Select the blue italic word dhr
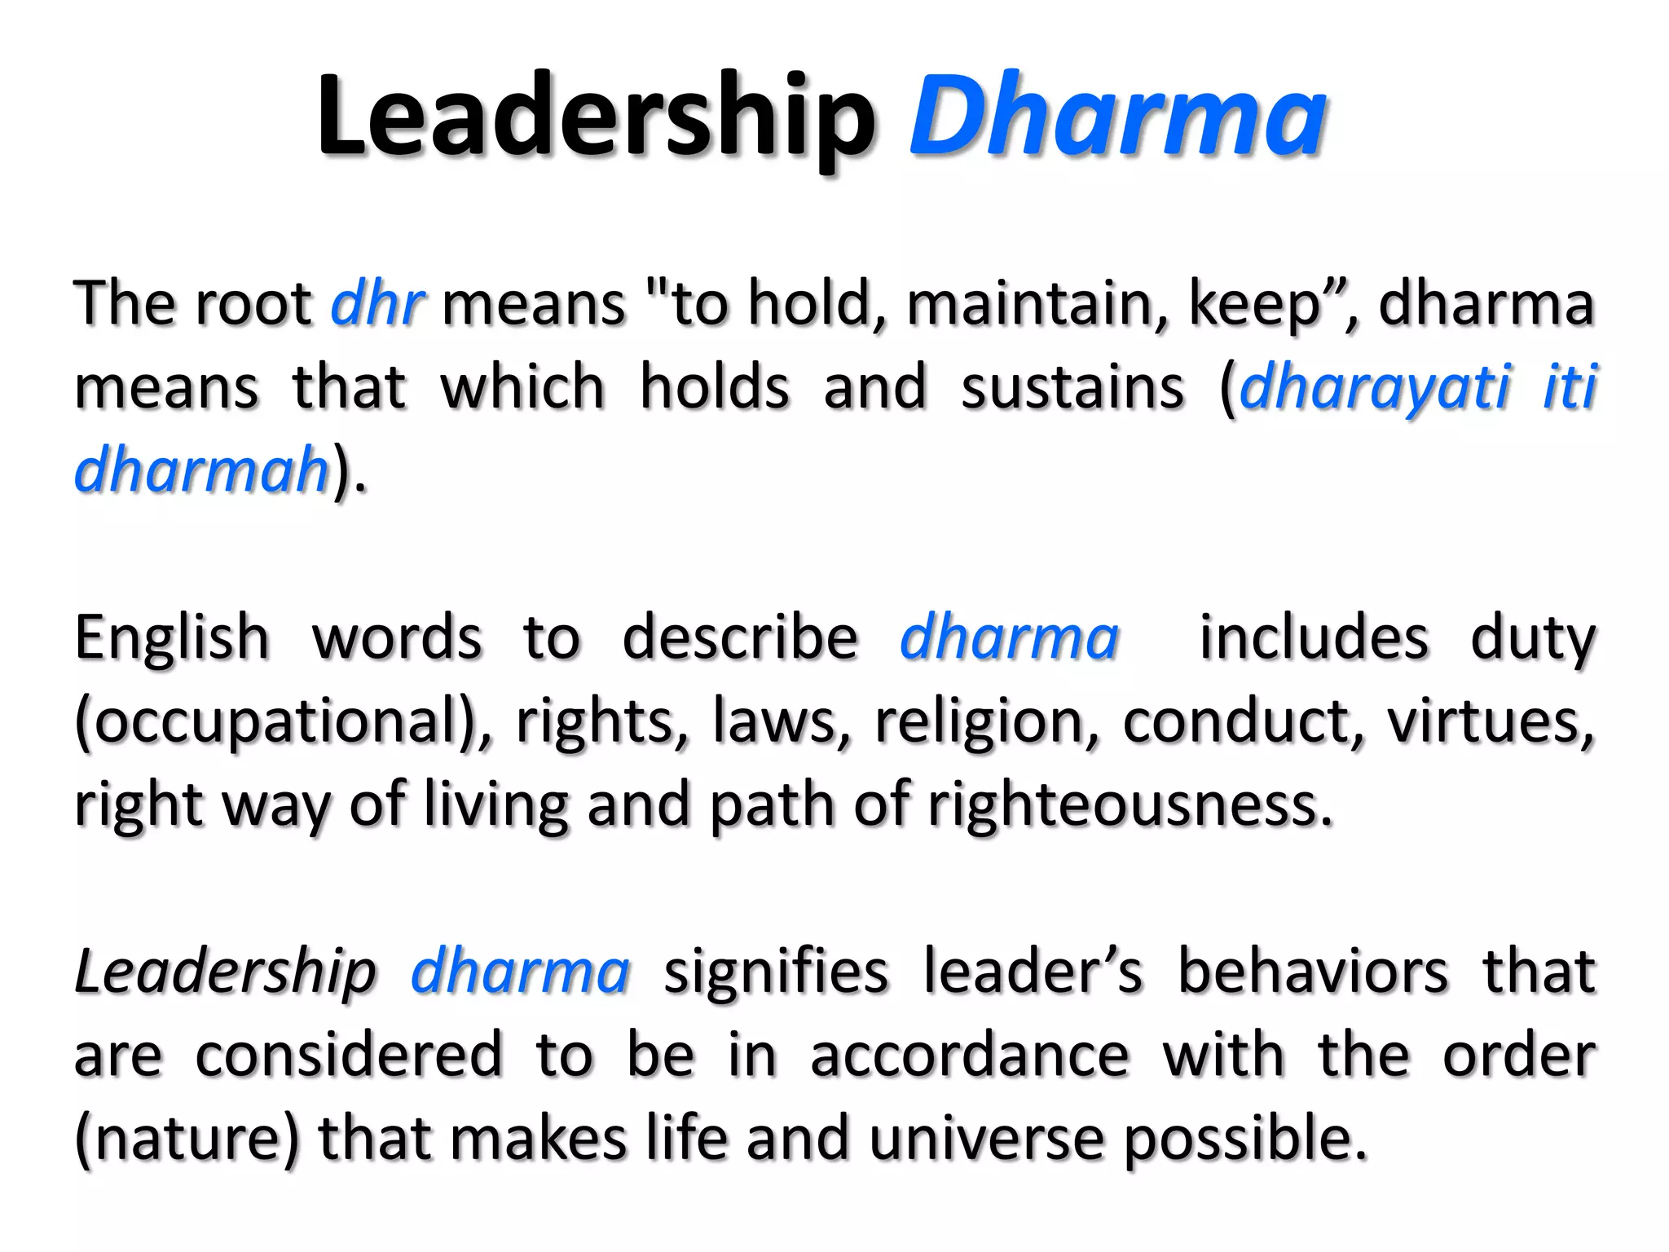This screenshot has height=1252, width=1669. click(x=377, y=303)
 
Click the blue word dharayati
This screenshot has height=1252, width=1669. click(x=1374, y=387)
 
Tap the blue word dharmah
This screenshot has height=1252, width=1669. click(x=201, y=470)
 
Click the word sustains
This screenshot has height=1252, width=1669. click(x=1072, y=387)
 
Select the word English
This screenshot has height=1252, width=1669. click(x=172, y=637)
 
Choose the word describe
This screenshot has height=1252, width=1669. click(x=740, y=637)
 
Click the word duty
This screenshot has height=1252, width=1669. click(x=1532, y=637)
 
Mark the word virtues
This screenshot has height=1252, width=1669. click(x=1489, y=722)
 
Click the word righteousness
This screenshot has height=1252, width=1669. click(x=1130, y=805)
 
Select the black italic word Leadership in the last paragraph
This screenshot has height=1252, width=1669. click(x=225, y=972)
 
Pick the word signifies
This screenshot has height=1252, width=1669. click(x=775, y=972)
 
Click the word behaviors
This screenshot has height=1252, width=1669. click(x=1313, y=972)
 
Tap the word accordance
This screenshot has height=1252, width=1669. click(x=969, y=1056)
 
